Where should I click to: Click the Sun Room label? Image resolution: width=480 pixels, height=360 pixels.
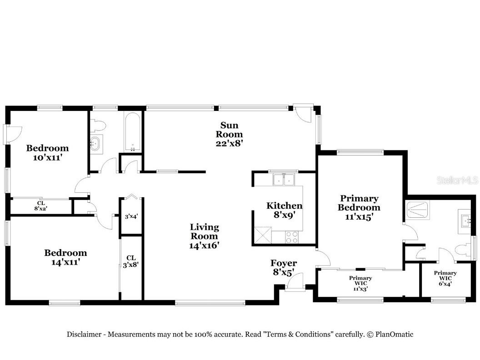[x=229, y=134]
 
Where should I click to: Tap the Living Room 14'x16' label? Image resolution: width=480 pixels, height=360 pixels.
[x=204, y=236]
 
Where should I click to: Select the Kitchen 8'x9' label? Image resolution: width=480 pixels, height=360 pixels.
[x=284, y=210]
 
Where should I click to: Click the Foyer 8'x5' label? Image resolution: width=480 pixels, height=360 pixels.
[x=284, y=267]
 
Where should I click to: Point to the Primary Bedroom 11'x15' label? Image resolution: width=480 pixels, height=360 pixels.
[x=360, y=208]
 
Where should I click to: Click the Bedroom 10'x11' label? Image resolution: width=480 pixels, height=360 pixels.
[x=47, y=152]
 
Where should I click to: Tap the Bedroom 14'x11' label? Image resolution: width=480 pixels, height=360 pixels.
[x=65, y=257]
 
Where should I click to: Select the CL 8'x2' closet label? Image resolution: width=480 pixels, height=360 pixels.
[x=41, y=205]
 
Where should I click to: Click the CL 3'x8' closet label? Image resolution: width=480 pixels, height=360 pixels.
[x=131, y=261]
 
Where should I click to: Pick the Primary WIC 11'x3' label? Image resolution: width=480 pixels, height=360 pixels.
[x=360, y=283]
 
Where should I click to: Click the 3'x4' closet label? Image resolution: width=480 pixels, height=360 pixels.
[x=131, y=216]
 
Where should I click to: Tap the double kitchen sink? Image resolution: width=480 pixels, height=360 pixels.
[x=284, y=180]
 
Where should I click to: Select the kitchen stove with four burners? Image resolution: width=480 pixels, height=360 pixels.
[x=291, y=236]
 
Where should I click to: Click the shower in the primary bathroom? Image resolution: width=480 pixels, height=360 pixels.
[x=418, y=210]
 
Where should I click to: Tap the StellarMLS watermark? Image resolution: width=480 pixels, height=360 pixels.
[x=457, y=180]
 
